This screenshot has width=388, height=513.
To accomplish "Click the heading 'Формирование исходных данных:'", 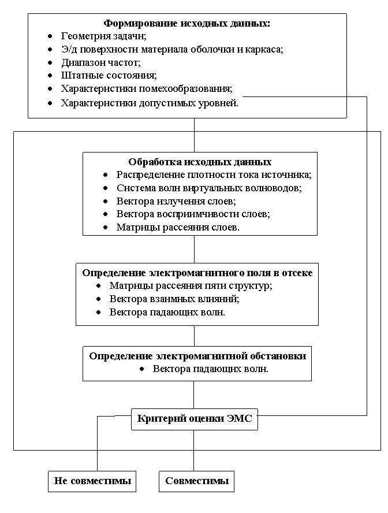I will (187, 24).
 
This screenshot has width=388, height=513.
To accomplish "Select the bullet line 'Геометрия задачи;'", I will (104, 36).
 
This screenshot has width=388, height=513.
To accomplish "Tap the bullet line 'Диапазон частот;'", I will (101, 62).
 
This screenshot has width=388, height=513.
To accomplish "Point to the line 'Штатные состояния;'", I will (109, 76).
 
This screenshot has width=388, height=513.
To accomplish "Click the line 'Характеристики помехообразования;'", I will (147, 89).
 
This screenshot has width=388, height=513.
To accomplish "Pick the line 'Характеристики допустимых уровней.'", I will (150, 103).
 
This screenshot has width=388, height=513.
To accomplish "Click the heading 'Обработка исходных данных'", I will (200, 162).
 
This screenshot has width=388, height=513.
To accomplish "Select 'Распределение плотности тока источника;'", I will (214, 174).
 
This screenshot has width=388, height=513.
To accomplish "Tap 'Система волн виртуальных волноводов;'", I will (209, 188).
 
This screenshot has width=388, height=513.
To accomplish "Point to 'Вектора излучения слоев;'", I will (176, 201).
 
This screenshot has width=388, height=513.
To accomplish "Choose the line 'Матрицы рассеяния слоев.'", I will (178, 227).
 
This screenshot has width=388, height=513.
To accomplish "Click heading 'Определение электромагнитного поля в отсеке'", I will (197, 273).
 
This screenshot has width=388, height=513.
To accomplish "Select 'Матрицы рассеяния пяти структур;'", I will (191, 285).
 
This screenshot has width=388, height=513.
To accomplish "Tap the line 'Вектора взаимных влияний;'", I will (174, 299).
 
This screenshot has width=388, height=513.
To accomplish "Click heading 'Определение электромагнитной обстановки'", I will (197, 356).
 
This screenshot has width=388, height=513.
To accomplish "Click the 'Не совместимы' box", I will (92, 481).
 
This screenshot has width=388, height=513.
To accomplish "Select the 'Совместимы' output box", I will (197, 481).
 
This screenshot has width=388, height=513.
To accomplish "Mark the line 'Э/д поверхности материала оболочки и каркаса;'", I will (172, 49).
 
